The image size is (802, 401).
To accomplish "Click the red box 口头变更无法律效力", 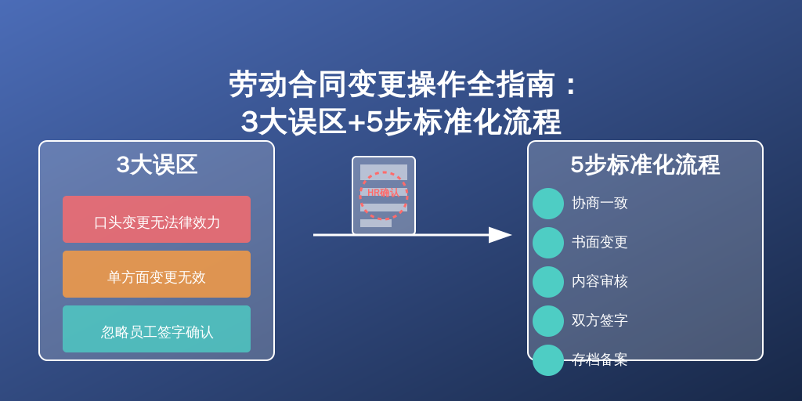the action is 157,219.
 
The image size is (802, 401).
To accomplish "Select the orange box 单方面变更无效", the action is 157,274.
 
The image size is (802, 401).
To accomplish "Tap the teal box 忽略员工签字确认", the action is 157,329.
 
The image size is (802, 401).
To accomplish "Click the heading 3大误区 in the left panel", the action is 157,164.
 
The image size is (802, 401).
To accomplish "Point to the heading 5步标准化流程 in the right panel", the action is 645,164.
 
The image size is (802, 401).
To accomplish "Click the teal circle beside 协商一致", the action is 548,204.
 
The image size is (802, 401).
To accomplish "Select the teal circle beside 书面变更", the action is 548,243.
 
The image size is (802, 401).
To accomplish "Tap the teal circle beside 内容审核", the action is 548,282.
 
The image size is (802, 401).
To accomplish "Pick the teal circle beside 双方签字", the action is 548,321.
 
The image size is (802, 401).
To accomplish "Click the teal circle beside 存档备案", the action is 548,360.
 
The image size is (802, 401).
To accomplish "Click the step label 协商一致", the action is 599,203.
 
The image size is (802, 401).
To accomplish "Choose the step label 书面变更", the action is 599,243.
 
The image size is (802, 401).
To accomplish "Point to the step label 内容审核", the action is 599,281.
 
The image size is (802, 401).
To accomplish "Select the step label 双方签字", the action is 599,320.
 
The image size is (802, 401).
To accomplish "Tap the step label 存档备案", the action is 599,359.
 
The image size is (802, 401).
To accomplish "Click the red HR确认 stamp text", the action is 383,193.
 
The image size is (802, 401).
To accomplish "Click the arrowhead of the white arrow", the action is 500,235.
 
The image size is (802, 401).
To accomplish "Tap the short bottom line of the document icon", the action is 376,223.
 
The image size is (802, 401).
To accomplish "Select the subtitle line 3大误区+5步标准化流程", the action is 401,121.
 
